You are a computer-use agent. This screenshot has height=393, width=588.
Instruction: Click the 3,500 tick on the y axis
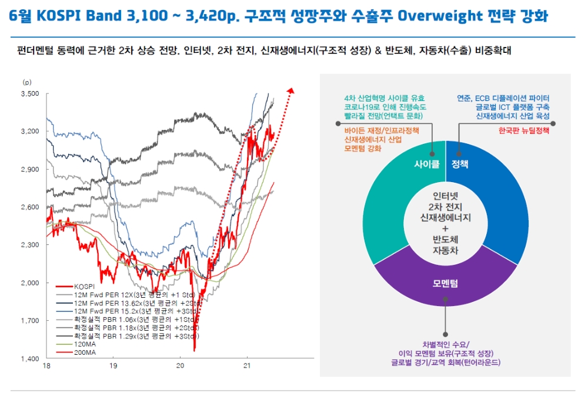click(30, 93)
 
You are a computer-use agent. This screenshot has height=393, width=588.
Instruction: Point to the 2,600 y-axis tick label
click(30, 207)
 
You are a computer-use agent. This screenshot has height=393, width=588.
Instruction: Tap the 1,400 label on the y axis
click(30, 359)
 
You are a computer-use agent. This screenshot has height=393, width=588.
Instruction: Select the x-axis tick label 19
click(113, 365)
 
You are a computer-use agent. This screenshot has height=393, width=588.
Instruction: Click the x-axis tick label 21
click(247, 365)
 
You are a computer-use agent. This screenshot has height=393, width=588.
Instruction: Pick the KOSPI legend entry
click(75, 287)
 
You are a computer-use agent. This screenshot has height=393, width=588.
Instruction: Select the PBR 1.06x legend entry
click(127, 320)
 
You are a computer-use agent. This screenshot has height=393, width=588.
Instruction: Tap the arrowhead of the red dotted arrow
click(290, 90)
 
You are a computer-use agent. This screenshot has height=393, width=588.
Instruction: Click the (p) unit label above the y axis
click(27, 82)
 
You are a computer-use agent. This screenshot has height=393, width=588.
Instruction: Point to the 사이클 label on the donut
click(427, 164)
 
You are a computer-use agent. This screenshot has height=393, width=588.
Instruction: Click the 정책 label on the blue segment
click(460, 164)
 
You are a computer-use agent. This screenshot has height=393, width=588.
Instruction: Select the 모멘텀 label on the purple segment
click(445, 283)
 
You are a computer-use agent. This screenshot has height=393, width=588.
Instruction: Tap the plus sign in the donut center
click(445, 229)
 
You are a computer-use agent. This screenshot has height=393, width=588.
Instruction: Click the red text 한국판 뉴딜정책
click(524, 130)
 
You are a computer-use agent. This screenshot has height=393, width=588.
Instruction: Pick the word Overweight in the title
click(439, 16)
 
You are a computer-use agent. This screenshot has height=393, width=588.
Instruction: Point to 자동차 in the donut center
click(445, 250)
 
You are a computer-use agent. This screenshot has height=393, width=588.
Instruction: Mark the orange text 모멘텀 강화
click(363, 149)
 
